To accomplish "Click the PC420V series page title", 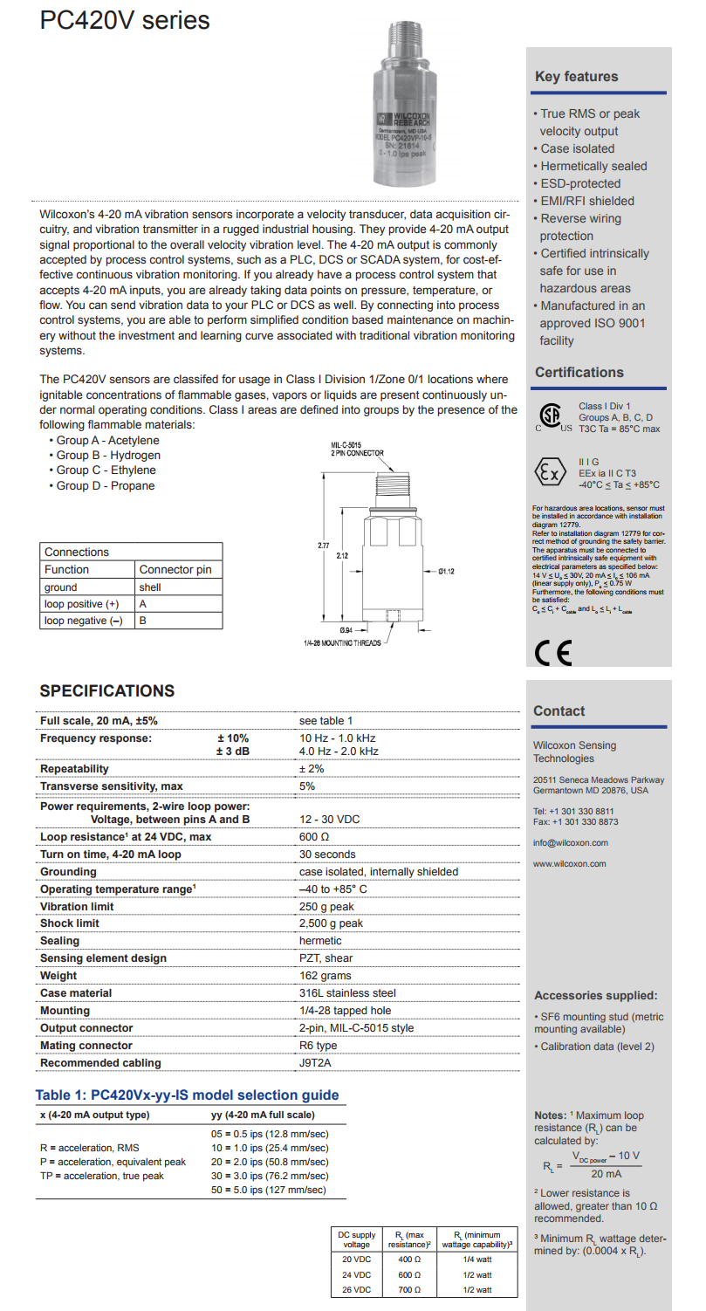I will (125, 21).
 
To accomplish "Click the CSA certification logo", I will (551, 416).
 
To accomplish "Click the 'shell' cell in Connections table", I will (149, 587).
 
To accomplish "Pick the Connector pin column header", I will (175, 569).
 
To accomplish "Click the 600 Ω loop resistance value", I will (314, 836).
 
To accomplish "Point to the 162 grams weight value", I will (325, 976).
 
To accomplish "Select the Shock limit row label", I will (70, 923).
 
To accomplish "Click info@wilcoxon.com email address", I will (571, 842).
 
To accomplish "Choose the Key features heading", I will (576, 77).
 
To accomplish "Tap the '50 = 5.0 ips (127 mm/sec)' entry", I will (270, 1190).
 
